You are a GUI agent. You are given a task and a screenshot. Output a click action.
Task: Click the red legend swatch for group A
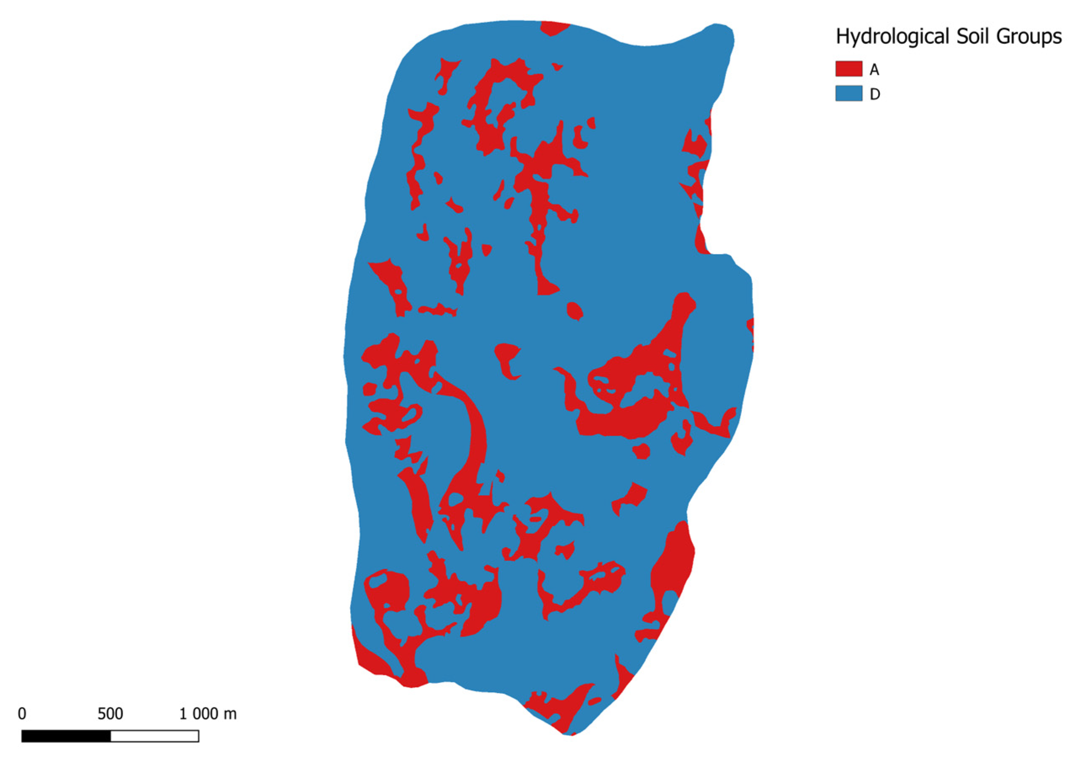848,69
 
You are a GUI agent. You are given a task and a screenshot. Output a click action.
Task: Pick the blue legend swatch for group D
848,93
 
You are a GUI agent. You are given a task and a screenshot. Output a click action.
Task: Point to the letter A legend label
874,69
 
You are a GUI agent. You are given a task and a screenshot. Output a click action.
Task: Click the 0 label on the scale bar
22,713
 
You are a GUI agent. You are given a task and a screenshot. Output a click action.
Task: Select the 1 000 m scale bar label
208,713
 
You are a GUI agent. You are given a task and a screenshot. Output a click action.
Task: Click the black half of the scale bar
66,736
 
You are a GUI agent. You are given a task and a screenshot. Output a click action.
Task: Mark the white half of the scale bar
155,736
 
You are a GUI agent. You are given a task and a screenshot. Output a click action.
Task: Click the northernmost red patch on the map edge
554,28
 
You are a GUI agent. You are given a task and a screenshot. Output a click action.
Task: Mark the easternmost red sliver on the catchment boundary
750,332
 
